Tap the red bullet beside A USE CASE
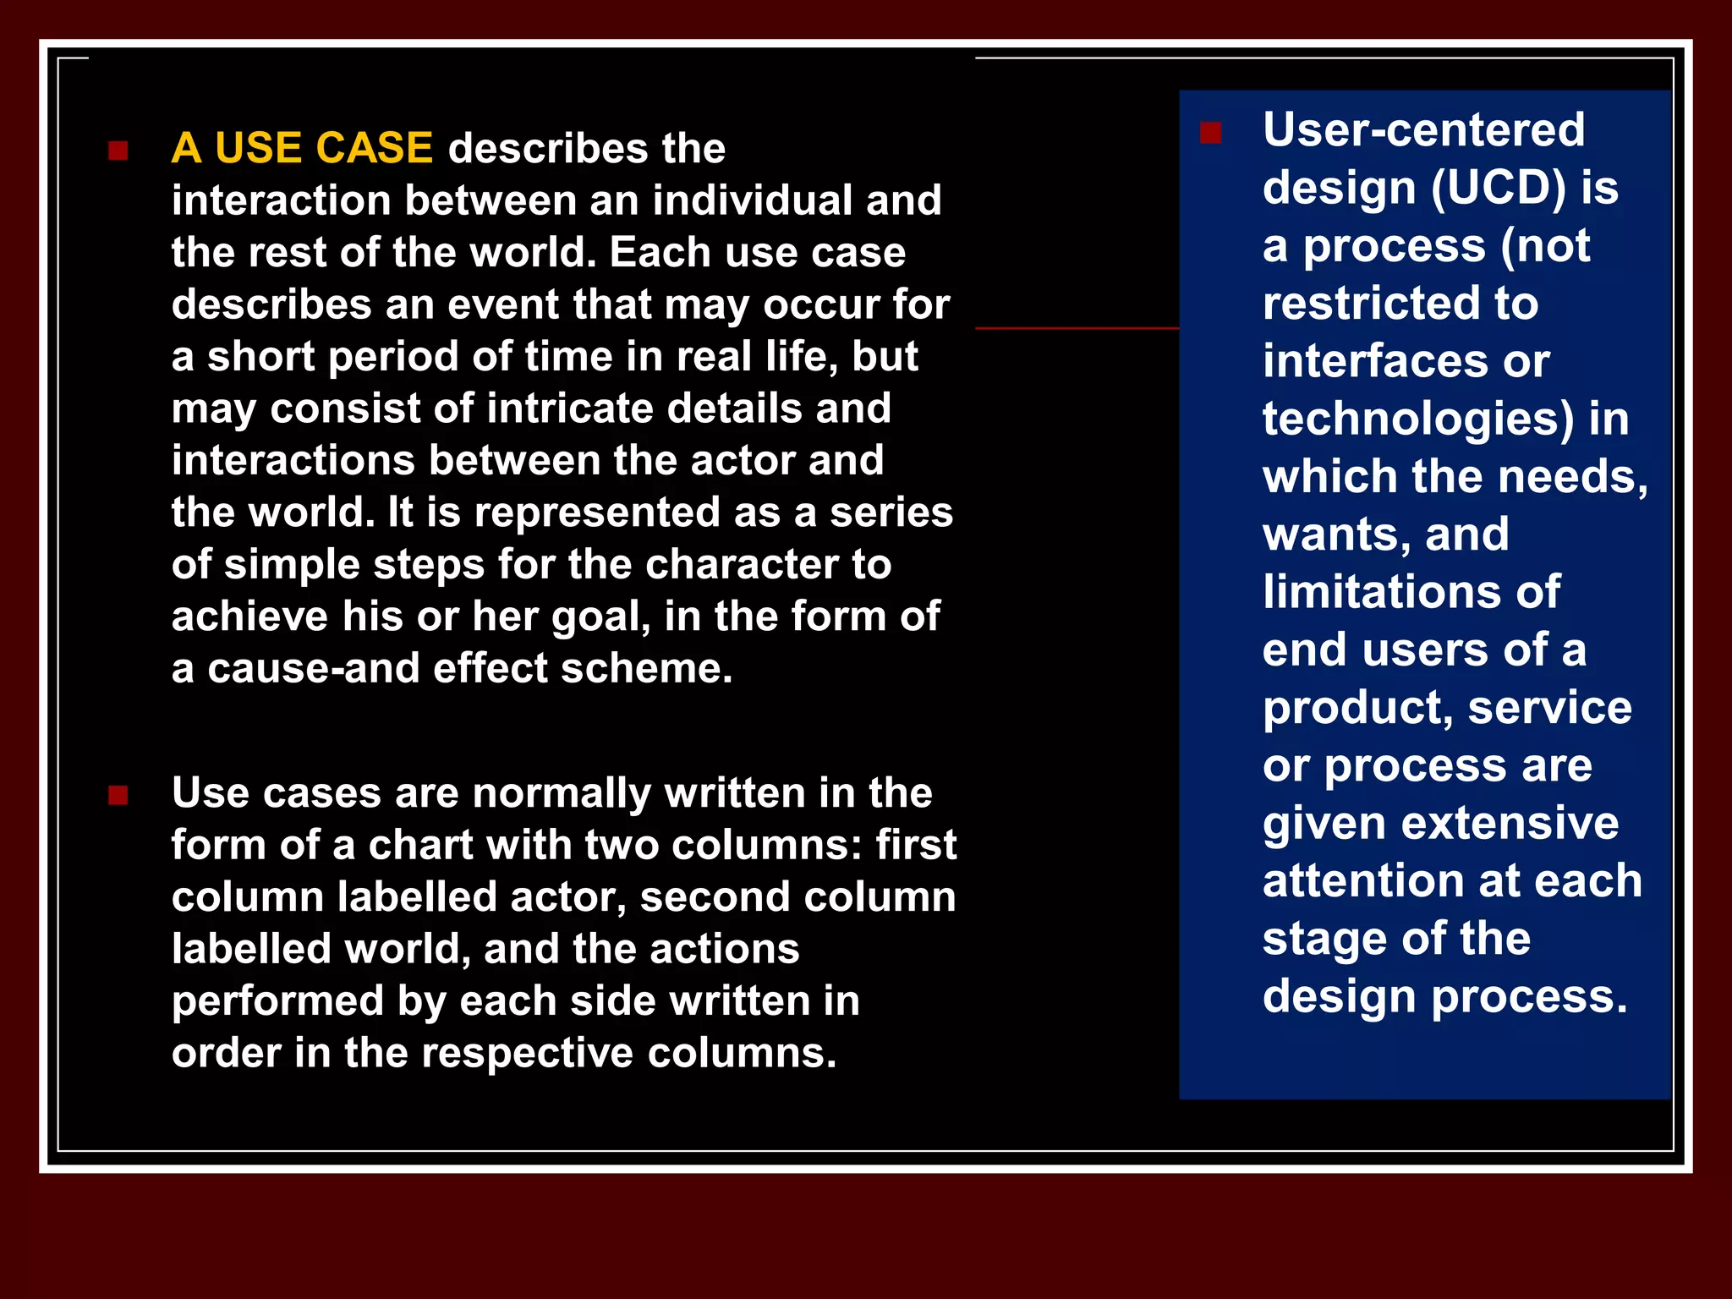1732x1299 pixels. click(118, 151)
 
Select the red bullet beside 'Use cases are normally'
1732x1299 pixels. click(118, 796)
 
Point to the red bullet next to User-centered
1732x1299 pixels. click(1210, 134)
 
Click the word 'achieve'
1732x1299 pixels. click(249, 617)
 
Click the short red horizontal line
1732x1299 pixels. click(1076, 328)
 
